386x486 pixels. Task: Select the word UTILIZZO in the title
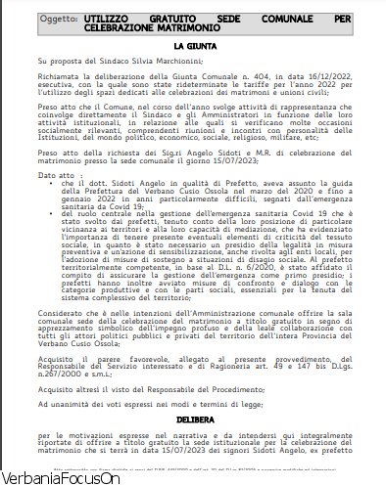108,19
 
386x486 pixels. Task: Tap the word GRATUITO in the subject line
187,19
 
